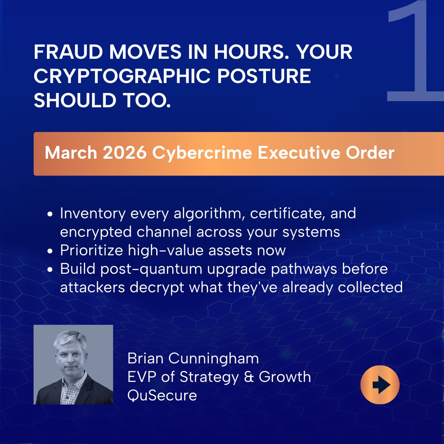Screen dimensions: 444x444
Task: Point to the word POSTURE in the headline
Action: pyautogui.click(x=276, y=77)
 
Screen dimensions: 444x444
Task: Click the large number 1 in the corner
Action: pyautogui.click(x=415, y=53)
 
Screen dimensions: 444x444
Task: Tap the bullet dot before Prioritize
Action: pyautogui.click(x=50, y=250)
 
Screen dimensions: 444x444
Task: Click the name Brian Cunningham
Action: pyautogui.click(x=193, y=358)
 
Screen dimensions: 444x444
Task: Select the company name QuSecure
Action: pyautogui.click(x=162, y=395)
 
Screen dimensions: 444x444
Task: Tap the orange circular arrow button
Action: pyautogui.click(x=380, y=385)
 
